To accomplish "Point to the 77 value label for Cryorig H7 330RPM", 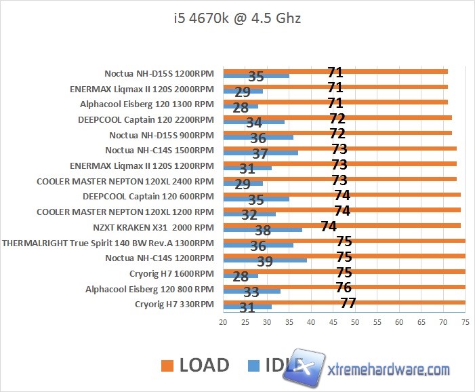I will (x=348, y=303).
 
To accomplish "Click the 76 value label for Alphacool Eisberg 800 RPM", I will (x=344, y=288).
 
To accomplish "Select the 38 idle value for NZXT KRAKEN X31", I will (x=263, y=231).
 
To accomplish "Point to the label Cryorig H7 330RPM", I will (x=175, y=304).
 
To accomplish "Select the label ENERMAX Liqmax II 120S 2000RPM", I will (x=142, y=88).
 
